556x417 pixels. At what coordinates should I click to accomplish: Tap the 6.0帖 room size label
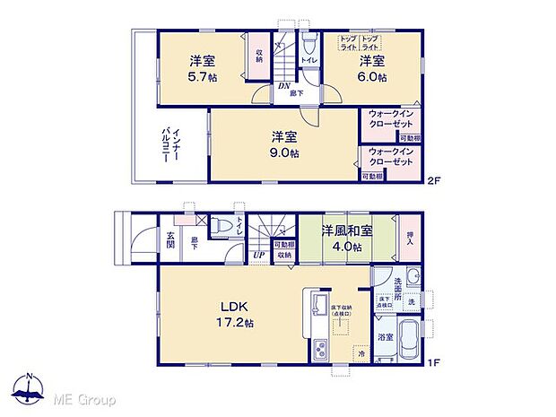point(372,77)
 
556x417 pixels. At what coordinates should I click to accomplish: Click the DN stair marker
point(282,86)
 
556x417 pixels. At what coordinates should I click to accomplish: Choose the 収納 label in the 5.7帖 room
point(258,56)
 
